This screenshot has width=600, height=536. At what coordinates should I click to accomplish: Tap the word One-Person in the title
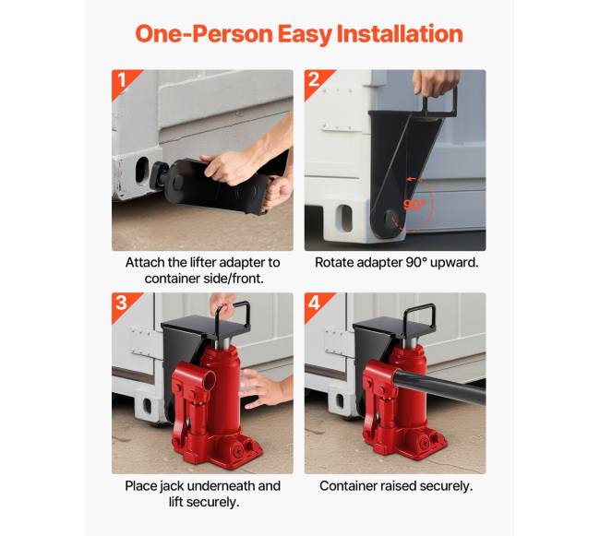coord(204,33)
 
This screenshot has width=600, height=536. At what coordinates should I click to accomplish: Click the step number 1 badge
coord(122,80)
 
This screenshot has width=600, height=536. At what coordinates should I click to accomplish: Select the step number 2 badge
coord(314,80)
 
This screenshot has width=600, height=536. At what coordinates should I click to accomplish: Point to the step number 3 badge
coord(121,304)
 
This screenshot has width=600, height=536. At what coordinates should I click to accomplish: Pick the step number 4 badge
coord(314,304)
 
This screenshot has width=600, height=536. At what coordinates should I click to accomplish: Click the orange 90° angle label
coord(414,205)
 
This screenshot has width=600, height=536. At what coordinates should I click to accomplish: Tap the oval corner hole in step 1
coord(142,170)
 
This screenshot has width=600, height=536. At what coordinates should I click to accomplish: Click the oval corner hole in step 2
coord(345,218)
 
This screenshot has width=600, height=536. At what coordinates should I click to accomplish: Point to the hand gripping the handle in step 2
coord(436,82)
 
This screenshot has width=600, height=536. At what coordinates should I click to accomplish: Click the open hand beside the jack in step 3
coord(264,388)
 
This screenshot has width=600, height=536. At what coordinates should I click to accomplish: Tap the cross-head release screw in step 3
coord(238,452)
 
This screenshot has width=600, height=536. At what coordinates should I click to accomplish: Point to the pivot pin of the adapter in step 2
coord(390,219)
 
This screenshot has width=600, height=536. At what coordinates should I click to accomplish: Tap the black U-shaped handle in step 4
coord(419,315)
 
